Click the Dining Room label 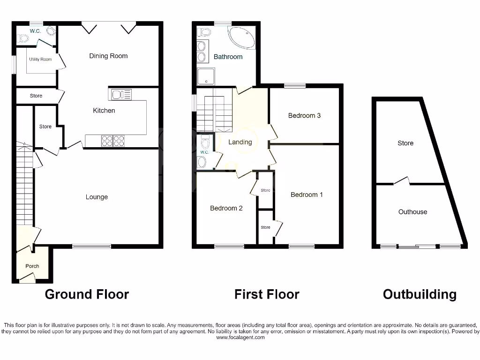108,56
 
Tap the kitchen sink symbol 120,95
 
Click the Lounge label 97,197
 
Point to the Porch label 32,266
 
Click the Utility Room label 40,60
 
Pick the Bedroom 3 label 304,115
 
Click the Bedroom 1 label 307,195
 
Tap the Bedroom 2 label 226,208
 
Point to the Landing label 240,142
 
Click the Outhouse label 412,212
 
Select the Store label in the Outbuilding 405,143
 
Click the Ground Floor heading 87,294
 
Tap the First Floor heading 267,294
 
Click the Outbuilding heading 420,294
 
